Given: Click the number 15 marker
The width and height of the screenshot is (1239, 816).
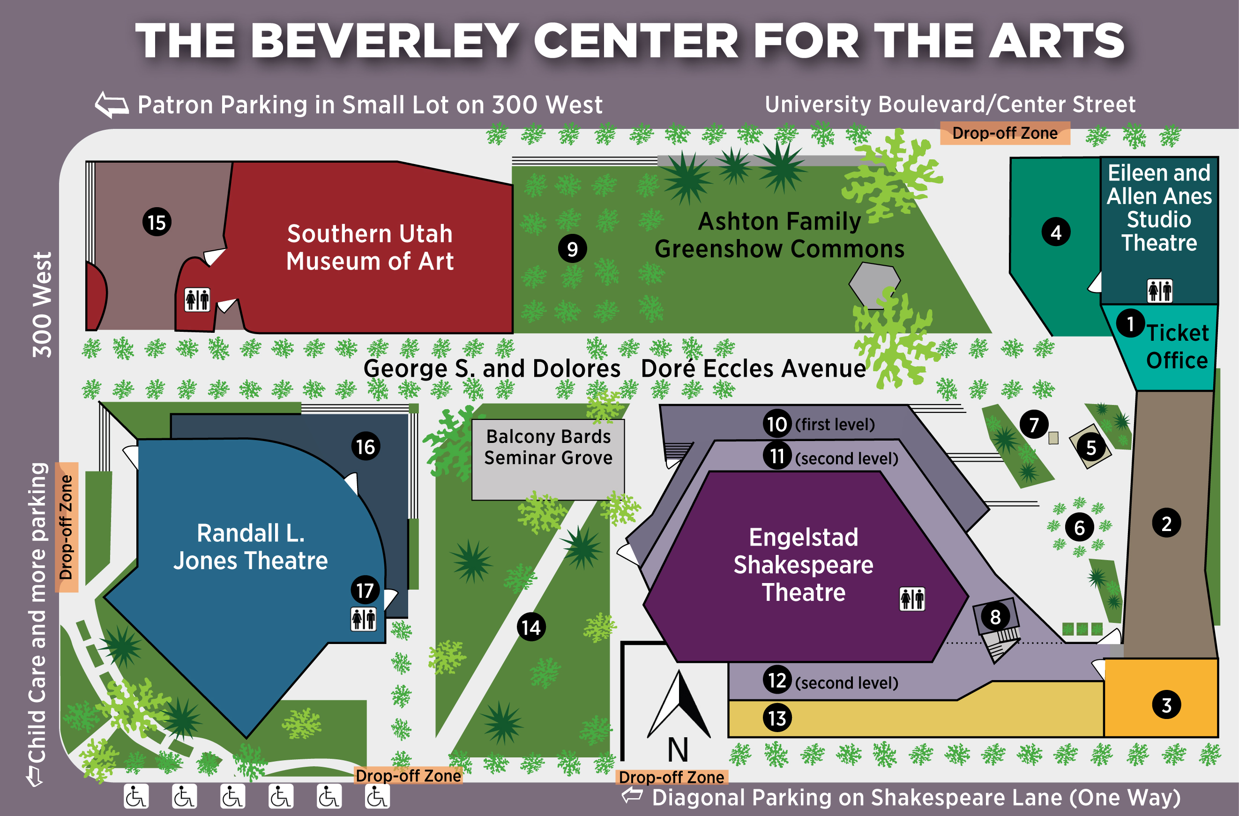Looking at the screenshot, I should point(157,222).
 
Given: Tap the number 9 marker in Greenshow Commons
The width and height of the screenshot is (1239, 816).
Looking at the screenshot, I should point(572,249).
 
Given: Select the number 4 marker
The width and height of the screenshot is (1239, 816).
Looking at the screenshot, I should point(1056,232).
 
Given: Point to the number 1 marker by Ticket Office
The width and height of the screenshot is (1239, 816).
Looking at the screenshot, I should point(1130,323).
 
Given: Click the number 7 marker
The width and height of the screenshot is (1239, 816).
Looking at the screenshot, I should point(1034,424).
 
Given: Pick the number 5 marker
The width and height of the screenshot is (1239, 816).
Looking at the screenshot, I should point(1091,447).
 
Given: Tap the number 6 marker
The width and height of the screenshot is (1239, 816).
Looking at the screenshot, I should point(1080,527).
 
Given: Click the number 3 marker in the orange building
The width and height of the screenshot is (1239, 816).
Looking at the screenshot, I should point(1167,705).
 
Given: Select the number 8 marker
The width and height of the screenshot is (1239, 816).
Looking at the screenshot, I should point(995,616).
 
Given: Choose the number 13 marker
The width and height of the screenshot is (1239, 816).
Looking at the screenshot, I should point(777,718).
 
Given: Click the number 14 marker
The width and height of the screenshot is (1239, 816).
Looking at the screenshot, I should point(531,627).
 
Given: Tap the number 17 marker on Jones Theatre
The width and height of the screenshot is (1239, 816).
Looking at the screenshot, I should point(365,590).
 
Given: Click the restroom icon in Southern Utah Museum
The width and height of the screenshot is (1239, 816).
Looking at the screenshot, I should point(197,299).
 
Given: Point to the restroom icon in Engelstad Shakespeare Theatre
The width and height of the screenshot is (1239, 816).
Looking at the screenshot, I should point(912,599).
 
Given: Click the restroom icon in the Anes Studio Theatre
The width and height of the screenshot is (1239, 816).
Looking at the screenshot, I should point(1160,291).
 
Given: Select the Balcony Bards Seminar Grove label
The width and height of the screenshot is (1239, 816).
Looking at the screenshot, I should point(548,447).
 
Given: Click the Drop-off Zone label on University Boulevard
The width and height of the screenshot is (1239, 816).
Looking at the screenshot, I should point(1005,133).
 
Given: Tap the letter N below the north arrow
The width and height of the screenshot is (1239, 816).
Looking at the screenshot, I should point(678,750).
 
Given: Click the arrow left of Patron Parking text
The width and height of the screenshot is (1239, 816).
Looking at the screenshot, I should point(112,105).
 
